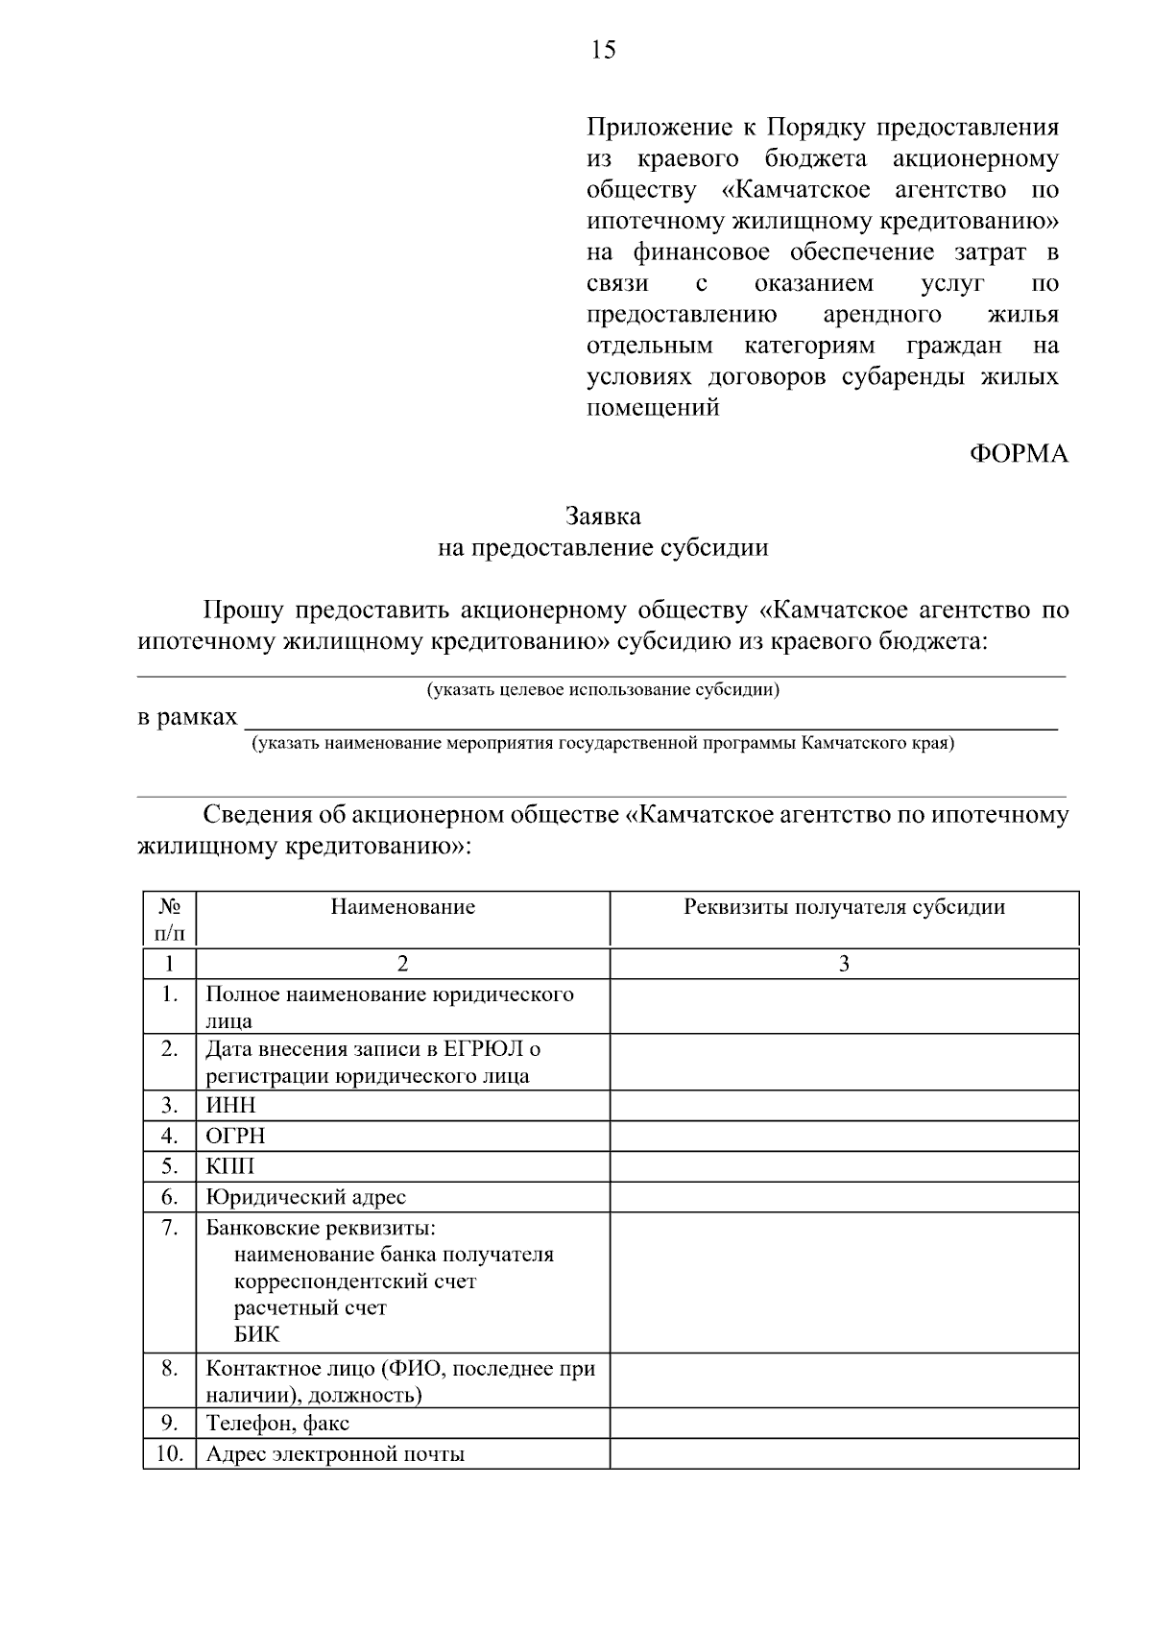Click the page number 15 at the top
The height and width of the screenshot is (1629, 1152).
tap(603, 51)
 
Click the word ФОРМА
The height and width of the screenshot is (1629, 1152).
tap(1019, 454)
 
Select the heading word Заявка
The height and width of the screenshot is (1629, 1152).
tap(603, 516)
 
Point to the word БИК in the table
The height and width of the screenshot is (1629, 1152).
tap(256, 1334)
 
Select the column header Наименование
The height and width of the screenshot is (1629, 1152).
tap(403, 907)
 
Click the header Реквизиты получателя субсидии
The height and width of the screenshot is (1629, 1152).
tap(844, 907)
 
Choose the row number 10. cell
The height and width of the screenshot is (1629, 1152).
tap(170, 1453)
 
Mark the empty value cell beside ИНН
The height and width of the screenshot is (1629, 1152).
tap(844, 1105)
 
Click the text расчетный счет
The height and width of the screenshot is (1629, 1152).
tap(310, 1307)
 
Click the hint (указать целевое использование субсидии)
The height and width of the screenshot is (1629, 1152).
tap(603, 689)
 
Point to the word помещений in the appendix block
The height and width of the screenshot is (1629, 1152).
tap(653, 408)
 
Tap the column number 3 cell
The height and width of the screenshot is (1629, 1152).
tap(844, 964)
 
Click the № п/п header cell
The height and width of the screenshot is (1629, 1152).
tap(170, 919)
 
